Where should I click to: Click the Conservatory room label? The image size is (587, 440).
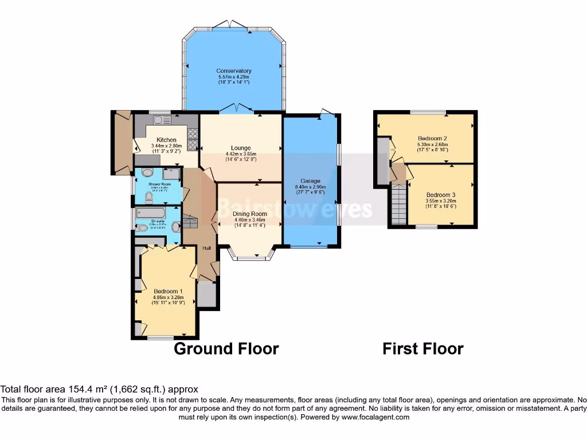(234, 71)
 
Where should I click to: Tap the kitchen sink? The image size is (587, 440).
(159, 120)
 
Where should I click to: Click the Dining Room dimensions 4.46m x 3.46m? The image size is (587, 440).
(249, 219)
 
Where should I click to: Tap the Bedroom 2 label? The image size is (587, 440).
(432, 139)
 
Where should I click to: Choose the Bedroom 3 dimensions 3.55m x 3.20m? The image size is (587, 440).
(440, 201)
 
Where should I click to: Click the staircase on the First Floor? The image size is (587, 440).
(400, 206)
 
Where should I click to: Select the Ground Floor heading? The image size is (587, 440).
(226, 348)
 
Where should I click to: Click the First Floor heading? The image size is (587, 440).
(423, 348)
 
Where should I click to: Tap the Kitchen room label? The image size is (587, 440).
(166, 140)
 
